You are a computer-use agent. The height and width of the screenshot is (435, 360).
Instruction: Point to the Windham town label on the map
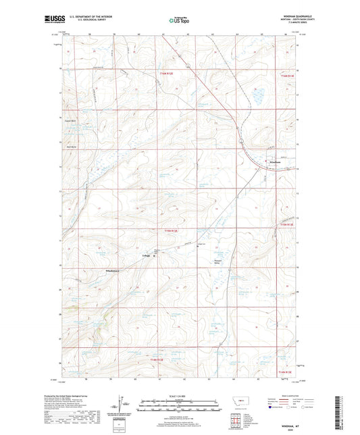pos(276,163)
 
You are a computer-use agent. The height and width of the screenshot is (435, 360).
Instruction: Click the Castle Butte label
pos(72,122)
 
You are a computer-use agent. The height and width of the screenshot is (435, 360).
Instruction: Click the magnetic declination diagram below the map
pos(122,404)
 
